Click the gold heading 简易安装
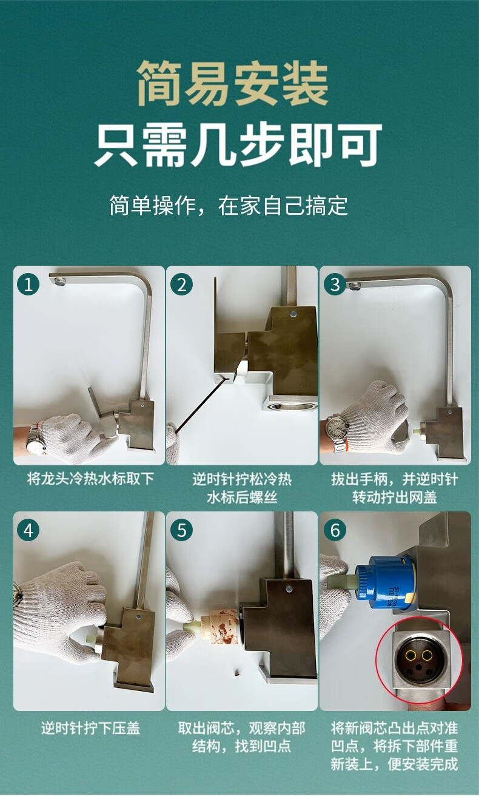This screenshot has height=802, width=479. coord(232,84)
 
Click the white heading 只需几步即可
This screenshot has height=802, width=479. coord(238,145)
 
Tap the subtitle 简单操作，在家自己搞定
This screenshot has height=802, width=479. coord(229,206)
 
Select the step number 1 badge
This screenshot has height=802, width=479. coord(28,285)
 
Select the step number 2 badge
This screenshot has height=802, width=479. coord(181,285)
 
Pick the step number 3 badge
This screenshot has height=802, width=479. coord(335,285)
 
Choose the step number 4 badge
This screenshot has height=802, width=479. coord(28,530)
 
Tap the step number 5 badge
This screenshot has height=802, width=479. coord(181,530)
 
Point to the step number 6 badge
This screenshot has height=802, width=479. coord(335,530)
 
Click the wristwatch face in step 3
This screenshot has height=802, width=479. coord(337,428)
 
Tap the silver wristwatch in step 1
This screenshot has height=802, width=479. coord(36,439)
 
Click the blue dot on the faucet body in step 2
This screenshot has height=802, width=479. coord(293,314)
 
